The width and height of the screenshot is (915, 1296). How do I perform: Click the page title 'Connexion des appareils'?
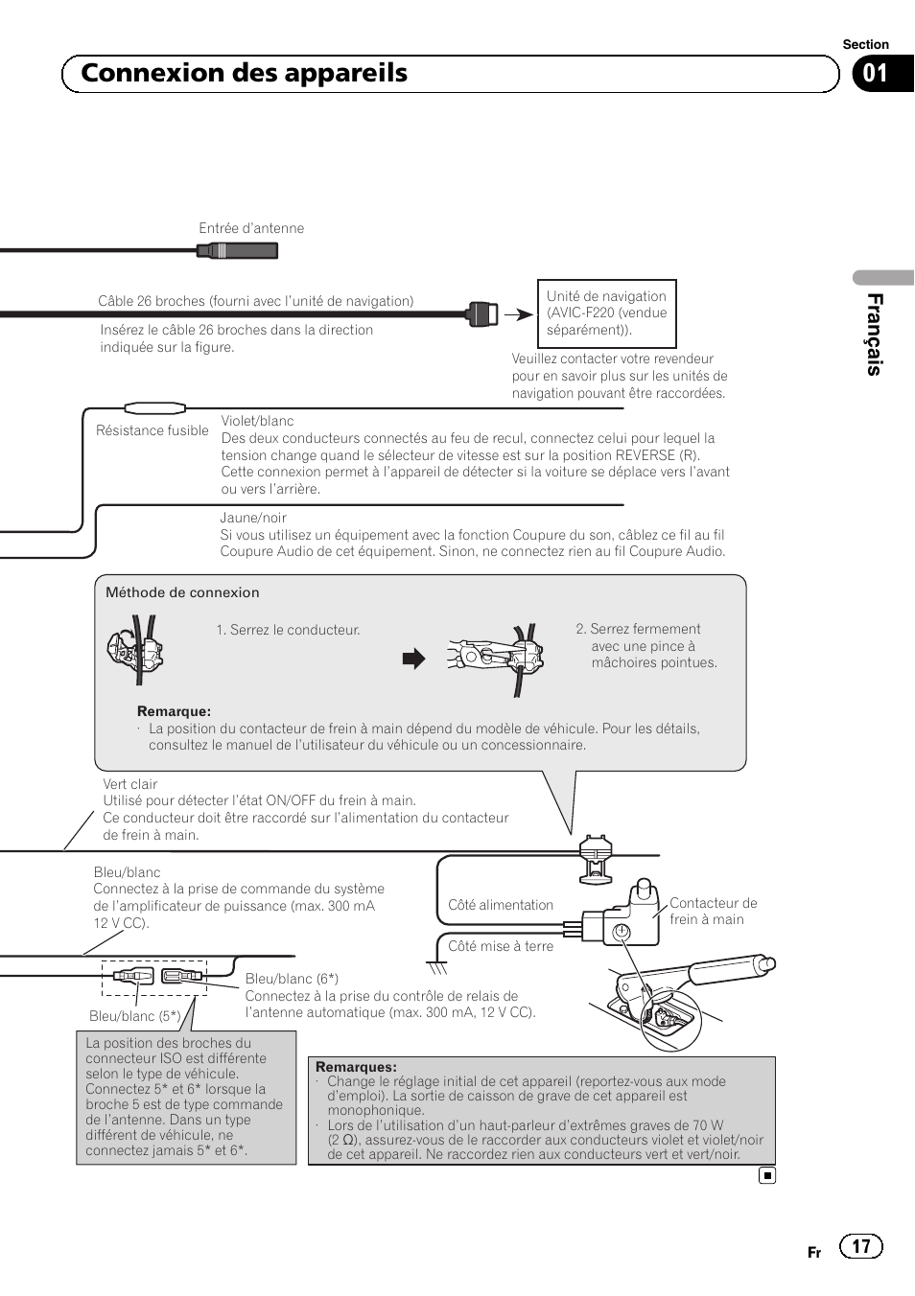click(244, 74)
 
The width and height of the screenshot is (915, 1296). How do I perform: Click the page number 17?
click(860, 1246)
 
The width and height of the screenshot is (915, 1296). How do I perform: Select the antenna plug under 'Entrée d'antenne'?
click(237, 251)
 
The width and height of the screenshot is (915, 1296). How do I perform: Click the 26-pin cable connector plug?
click(483, 313)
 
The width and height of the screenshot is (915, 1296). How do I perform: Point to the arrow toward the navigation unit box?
click(519, 314)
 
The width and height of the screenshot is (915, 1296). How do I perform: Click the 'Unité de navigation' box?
click(606, 313)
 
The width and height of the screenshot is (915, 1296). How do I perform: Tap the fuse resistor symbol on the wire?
click(154, 408)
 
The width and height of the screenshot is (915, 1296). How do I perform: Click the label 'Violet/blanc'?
click(257, 421)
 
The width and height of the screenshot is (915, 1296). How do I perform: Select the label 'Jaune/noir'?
click(253, 518)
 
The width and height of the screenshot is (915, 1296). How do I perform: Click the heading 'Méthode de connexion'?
click(182, 592)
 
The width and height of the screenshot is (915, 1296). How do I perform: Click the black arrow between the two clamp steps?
click(413, 659)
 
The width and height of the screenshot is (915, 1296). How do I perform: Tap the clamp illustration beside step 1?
click(135, 649)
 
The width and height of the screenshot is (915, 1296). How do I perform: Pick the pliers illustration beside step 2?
click(495, 657)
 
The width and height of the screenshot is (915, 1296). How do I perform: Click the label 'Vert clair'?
click(130, 784)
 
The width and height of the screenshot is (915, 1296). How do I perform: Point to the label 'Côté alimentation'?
click(501, 905)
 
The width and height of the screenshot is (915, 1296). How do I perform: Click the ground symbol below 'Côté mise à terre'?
click(438, 968)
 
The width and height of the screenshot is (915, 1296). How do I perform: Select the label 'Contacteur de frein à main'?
click(713, 911)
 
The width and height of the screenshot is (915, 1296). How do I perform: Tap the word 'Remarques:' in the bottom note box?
click(356, 1067)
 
